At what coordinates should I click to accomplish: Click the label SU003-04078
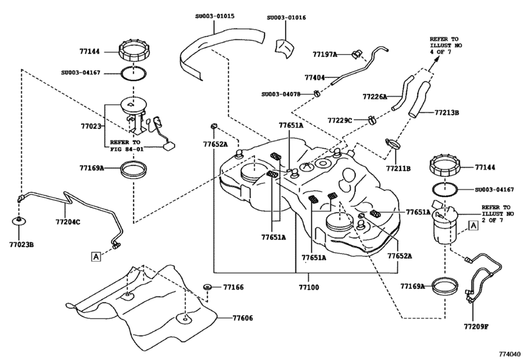285,94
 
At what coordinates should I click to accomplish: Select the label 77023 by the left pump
91,127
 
